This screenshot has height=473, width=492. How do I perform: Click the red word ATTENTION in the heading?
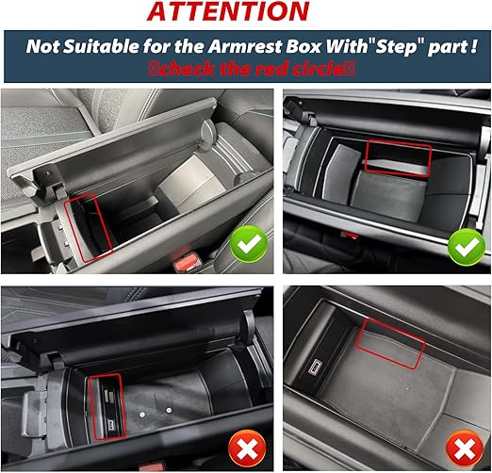(x=228, y=11)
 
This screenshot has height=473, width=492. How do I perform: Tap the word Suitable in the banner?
(x=101, y=46)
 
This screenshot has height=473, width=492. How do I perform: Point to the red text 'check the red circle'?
(x=252, y=69)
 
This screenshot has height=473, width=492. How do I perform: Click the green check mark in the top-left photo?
(x=249, y=244)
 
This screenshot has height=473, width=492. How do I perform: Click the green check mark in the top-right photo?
(x=467, y=247)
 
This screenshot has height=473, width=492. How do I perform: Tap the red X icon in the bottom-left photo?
(x=247, y=449)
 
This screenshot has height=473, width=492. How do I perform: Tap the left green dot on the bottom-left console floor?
(x=142, y=415)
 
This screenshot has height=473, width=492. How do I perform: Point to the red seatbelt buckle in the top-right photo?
(x=350, y=235)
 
